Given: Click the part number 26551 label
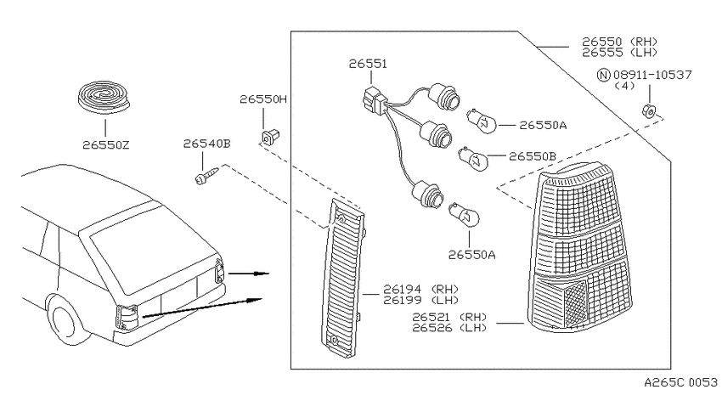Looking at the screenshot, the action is [x=368, y=64].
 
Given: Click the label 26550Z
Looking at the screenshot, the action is [x=106, y=145].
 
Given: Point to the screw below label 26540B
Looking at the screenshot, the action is [x=206, y=177].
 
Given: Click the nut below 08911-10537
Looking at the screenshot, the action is [x=650, y=110].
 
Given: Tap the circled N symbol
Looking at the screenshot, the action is [x=604, y=75].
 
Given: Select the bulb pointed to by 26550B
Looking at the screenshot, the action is [x=472, y=158].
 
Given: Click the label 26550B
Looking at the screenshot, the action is [x=533, y=156].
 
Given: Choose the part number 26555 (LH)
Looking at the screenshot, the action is [x=620, y=53].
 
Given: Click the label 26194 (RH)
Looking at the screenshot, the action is [x=420, y=289].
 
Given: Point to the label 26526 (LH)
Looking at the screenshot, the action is [x=449, y=328].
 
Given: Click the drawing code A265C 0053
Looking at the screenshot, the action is [x=680, y=382].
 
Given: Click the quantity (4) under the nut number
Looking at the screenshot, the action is [x=625, y=86].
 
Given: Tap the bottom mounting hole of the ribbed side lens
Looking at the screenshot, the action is [x=334, y=341].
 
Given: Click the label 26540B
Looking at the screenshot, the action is [x=206, y=144].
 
